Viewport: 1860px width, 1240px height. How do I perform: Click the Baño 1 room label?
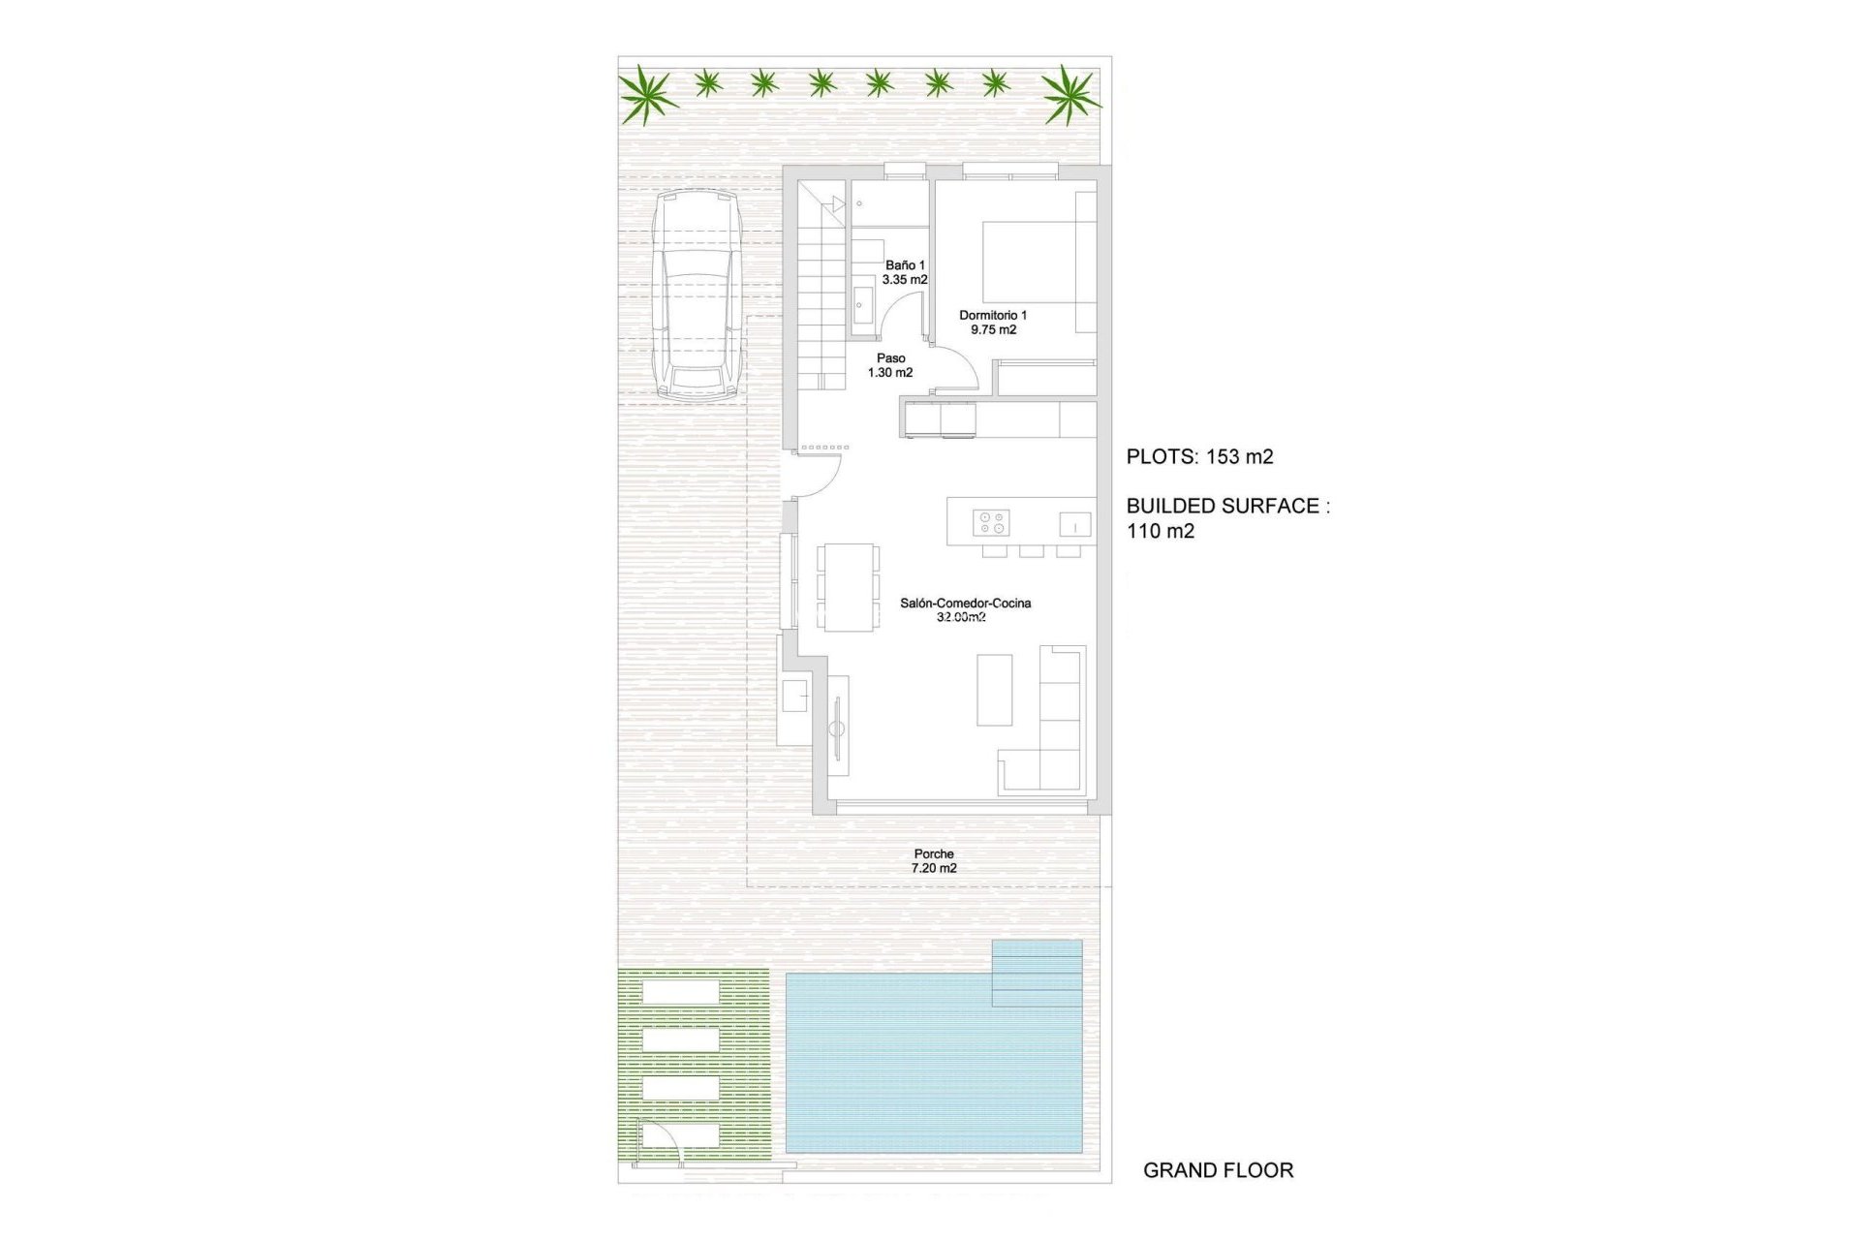tap(905, 265)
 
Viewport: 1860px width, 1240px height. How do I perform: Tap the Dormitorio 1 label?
tap(993, 316)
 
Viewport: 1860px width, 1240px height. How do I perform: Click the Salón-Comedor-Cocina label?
tap(965, 604)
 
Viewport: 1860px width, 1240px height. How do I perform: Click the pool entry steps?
tap(1037, 973)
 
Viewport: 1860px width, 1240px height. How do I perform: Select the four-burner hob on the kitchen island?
tap(992, 523)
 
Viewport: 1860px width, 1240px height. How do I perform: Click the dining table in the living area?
tap(848, 587)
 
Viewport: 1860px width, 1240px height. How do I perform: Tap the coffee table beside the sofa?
tap(994, 690)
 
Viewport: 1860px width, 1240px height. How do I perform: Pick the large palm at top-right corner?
tap(1070, 94)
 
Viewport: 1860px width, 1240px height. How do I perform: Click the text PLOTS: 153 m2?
tap(1199, 457)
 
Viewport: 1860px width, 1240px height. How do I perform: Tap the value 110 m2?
tap(1161, 531)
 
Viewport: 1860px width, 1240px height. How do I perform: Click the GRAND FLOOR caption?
tap(1218, 1170)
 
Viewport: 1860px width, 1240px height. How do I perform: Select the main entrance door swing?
tap(820, 472)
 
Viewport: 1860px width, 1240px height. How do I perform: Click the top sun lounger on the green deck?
tap(680, 992)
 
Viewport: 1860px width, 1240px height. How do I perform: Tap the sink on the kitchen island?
tap(1074, 524)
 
